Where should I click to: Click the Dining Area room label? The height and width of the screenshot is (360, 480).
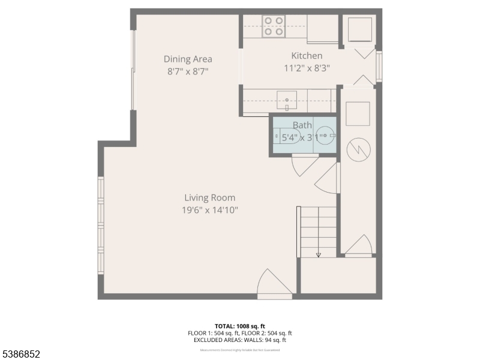tap(188, 59)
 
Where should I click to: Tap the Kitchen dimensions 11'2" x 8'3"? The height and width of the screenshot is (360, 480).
tap(307, 68)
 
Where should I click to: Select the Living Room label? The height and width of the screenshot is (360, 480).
tap(209, 197)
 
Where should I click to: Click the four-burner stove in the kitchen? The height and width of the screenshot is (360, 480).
tap(274, 26)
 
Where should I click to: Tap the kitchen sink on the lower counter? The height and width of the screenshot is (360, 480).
tap(287, 100)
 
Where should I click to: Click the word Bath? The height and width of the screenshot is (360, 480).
tap(302, 125)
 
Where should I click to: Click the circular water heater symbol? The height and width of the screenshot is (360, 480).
tap(358, 149)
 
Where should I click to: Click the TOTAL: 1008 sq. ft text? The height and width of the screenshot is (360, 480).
tap(239, 325)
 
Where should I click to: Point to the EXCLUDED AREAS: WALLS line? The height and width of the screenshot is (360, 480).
tap(239, 340)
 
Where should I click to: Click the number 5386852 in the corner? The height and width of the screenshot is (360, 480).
tap(21, 354)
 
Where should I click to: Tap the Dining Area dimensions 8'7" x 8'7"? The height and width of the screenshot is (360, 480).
tap(188, 71)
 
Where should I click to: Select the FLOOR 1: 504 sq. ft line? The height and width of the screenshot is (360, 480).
tap(213, 332)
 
